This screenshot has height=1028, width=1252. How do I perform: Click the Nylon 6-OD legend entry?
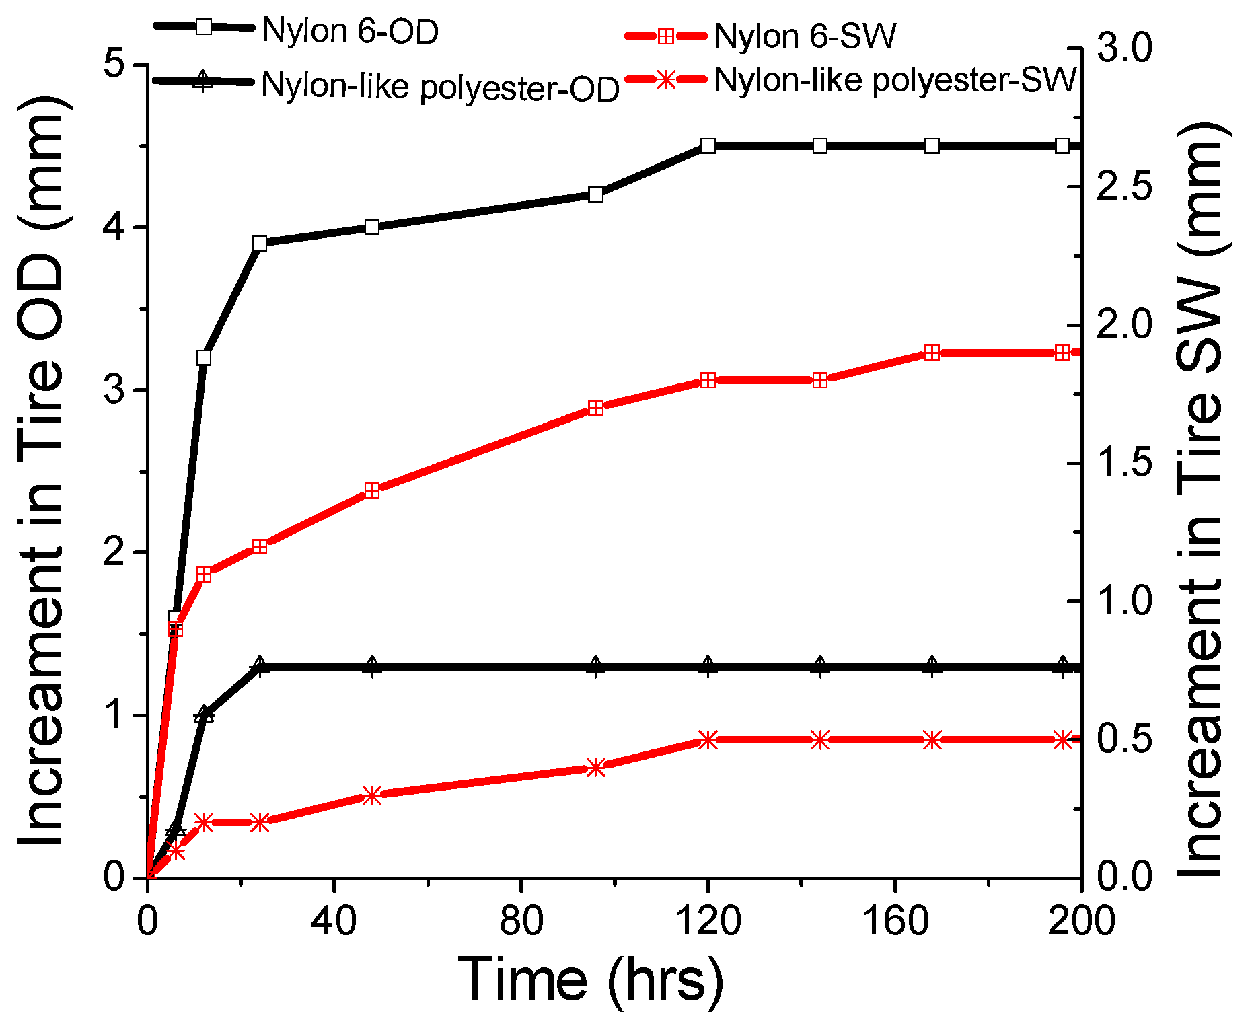pyautogui.click(x=350, y=31)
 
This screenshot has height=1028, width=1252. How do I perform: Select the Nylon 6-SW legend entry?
pyautogui.click(x=805, y=36)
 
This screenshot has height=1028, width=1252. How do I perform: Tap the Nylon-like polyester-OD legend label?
pyautogui.click(x=440, y=86)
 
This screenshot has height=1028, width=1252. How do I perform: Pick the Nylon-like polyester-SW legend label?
pyautogui.click(x=895, y=81)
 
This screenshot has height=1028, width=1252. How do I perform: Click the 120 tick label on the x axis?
pyautogui.click(x=708, y=921)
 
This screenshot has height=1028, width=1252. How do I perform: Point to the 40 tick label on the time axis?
pyautogui.click(x=334, y=921)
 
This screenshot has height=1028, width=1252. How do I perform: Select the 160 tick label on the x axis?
pyautogui.click(x=895, y=921)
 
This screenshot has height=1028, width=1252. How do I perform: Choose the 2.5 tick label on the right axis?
pyautogui.click(x=1124, y=188)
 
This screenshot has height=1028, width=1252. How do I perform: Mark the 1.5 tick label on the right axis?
pyautogui.click(x=1124, y=464)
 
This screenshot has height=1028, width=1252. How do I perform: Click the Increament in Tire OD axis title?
pyautogui.click(x=42, y=471)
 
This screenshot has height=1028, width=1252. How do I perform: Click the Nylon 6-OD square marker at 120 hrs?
pyautogui.click(x=708, y=146)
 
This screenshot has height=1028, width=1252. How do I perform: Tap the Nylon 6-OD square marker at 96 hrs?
pyautogui.click(x=595, y=195)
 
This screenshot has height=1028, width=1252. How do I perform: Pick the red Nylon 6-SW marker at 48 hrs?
pyautogui.click(x=372, y=491)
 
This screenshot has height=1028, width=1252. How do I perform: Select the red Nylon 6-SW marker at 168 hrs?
pyautogui.click(x=932, y=353)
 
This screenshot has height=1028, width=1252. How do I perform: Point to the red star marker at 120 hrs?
pyautogui.click(x=708, y=740)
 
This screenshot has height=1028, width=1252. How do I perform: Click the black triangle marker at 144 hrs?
pyautogui.click(x=819, y=666)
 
